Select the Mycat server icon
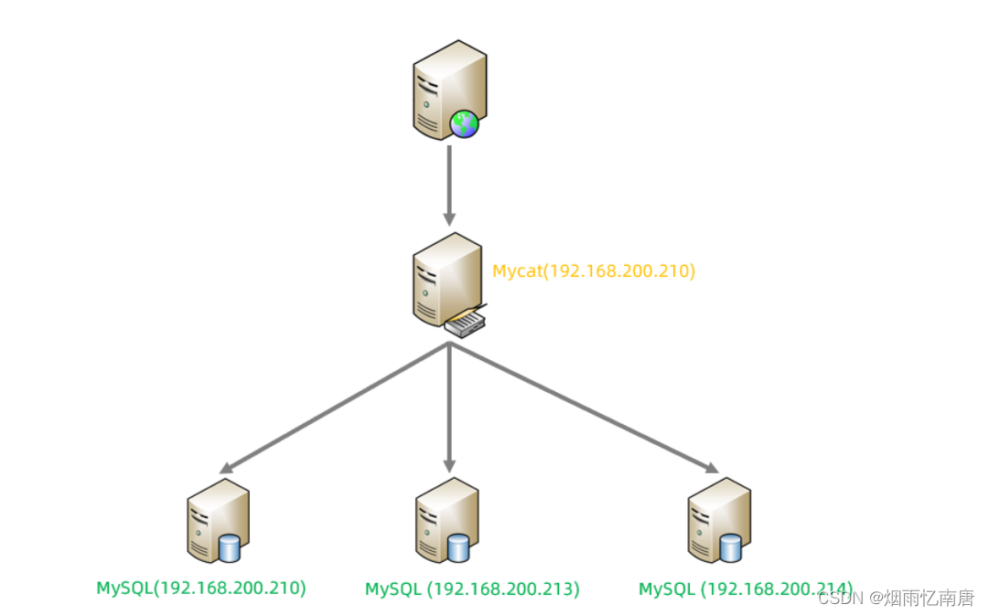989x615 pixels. point(446,278)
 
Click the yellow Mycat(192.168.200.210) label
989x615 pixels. point(594,271)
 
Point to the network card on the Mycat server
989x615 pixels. point(465,323)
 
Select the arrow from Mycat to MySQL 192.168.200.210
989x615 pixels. point(334,408)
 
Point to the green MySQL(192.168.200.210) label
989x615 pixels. point(201,588)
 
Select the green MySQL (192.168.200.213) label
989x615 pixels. point(472,589)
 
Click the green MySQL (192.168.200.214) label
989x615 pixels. point(746,589)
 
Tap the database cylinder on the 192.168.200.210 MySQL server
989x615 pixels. point(229,547)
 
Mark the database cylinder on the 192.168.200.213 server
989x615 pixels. point(458,547)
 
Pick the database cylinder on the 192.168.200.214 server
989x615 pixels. point(730,547)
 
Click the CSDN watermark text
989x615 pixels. point(896,598)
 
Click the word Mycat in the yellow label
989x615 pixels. point(516,271)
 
